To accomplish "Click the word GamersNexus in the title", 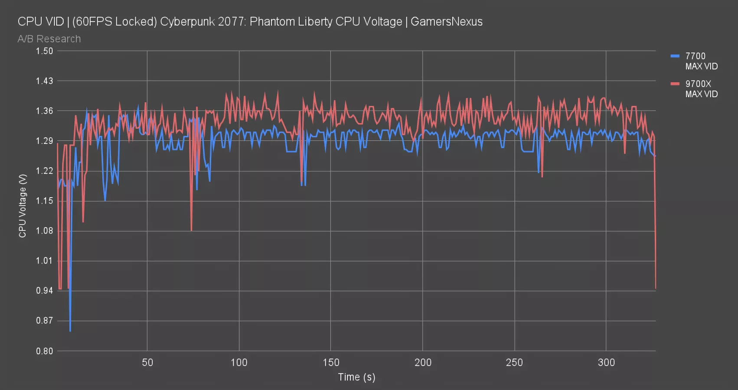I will [x=446, y=22].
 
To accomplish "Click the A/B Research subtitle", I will [x=49, y=39].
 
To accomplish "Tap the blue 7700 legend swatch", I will [x=675, y=56].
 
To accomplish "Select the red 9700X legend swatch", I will [x=675, y=84].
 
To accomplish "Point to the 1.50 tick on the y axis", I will [x=44, y=51].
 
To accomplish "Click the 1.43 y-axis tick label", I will [x=44, y=81].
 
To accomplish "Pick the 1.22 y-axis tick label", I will [x=44, y=171].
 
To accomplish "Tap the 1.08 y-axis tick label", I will [x=44, y=231].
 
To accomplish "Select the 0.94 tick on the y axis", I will [x=44, y=291].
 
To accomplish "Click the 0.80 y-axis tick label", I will [x=44, y=351].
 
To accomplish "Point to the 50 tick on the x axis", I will [x=147, y=363].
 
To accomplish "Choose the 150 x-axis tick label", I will [x=331, y=363].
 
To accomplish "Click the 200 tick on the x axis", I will [x=423, y=363].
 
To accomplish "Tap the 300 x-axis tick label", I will [x=606, y=363].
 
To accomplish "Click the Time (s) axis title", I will [x=356, y=377].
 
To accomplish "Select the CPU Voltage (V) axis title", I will [x=23, y=206].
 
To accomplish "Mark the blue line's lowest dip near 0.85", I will [x=70, y=331].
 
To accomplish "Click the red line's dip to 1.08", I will [x=191, y=230].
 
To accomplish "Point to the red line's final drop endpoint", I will [x=655, y=288].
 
